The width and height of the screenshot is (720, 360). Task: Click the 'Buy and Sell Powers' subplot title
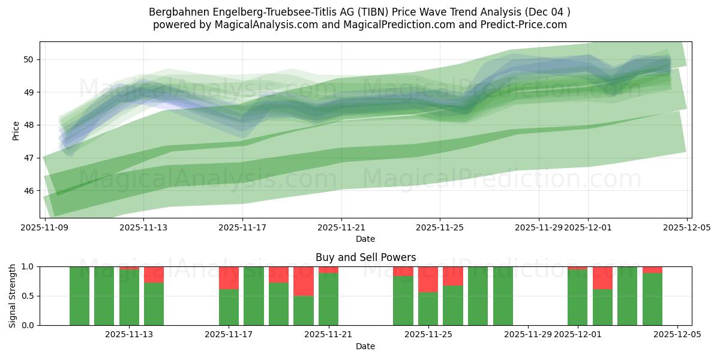tap(365, 257)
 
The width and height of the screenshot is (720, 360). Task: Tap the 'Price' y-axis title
tap(16, 130)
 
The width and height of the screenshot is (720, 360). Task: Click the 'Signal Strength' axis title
tap(13, 295)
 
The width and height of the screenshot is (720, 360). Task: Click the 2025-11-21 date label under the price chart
tap(341, 228)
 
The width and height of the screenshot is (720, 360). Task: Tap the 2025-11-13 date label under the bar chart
tap(129, 335)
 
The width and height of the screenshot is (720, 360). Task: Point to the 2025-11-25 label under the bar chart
tap(428, 335)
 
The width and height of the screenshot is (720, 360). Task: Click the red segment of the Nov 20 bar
tap(304, 281)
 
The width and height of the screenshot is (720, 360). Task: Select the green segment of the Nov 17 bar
tap(229, 307)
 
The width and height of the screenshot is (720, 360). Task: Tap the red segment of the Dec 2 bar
tap(602, 278)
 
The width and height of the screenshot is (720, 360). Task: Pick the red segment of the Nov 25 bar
tap(428, 279)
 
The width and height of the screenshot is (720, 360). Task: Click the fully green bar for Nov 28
tap(503, 296)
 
